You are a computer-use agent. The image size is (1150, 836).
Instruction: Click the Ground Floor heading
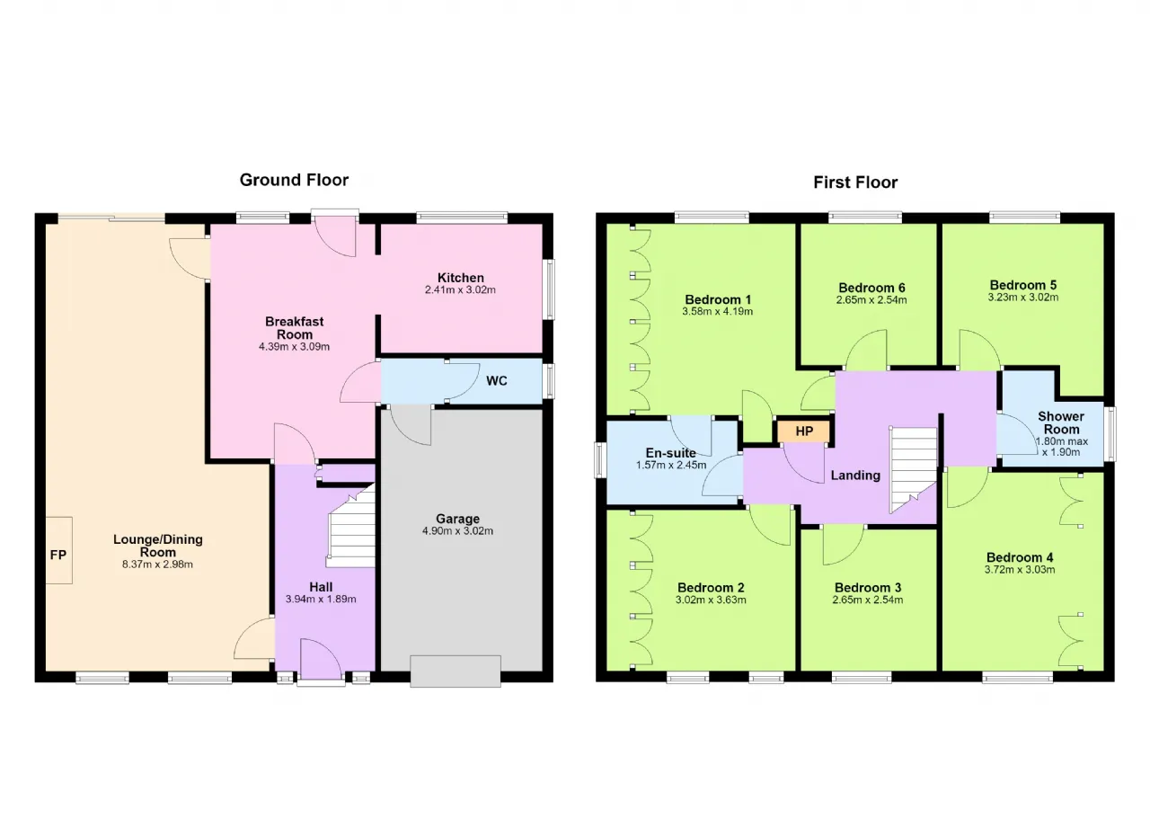pyautogui.click(x=294, y=181)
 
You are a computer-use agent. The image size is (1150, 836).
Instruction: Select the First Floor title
pyautogui.click(x=855, y=182)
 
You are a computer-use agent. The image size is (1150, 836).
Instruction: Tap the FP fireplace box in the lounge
pyautogui.click(x=58, y=550)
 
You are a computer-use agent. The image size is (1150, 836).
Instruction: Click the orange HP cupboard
pyautogui.click(x=803, y=431)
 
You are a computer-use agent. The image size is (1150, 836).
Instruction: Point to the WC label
pyautogui.click(x=497, y=381)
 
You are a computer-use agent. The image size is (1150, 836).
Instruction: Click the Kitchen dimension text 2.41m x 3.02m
pyautogui.click(x=460, y=290)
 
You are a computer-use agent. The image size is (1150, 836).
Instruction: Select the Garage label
pyautogui.click(x=457, y=519)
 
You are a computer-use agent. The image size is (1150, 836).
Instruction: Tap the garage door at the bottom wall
pyautogui.click(x=456, y=671)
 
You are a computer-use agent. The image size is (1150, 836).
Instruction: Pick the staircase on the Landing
pyautogui.click(x=914, y=470)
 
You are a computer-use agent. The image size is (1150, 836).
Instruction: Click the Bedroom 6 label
pyautogui.click(x=871, y=288)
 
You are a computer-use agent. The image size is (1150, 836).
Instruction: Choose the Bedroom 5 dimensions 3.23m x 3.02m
pyautogui.click(x=1022, y=298)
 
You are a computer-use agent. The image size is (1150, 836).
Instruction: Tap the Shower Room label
pyautogui.click(x=1061, y=422)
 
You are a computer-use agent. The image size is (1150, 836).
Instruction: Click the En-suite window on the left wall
pyautogui.click(x=600, y=460)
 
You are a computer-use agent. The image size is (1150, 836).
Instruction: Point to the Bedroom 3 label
pyautogui.click(x=868, y=588)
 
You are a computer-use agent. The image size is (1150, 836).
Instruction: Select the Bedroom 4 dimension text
pyautogui.click(x=1020, y=570)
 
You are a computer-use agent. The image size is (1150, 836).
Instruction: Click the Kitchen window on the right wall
pyautogui.click(x=549, y=289)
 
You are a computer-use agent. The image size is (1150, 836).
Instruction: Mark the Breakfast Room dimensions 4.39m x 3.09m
pyautogui.click(x=294, y=347)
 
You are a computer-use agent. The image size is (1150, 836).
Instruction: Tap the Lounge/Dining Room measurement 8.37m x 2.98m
pyautogui.click(x=157, y=565)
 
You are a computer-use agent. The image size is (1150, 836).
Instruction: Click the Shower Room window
pyautogui.click(x=1110, y=434)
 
